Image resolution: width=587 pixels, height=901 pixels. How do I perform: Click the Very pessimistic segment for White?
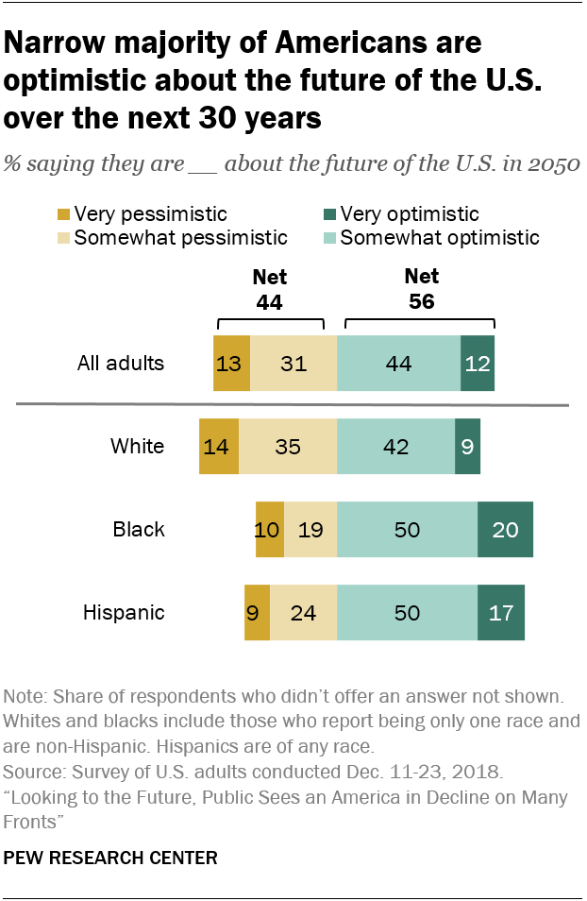219,447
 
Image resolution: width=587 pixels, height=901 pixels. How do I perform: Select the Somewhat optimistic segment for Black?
407,529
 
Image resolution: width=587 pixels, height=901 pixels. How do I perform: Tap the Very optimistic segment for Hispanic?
501,612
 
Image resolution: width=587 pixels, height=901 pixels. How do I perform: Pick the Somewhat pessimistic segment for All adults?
293,363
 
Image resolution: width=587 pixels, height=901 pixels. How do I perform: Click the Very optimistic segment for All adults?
478,363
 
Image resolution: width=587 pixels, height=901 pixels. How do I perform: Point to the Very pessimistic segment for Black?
270,529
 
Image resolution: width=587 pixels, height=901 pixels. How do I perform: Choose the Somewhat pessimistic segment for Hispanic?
303,612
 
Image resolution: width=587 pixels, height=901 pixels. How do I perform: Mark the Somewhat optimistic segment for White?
395,447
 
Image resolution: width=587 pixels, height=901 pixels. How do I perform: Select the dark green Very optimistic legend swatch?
329,214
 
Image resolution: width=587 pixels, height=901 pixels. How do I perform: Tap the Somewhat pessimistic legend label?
180,237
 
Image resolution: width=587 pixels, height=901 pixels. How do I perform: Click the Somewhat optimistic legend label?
440,237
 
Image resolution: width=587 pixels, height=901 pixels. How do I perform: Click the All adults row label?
122,363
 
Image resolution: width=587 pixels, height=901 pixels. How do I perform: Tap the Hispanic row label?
124,612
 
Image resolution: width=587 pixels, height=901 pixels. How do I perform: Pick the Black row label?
139,529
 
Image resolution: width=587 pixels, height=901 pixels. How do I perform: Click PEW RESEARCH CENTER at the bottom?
111,858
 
